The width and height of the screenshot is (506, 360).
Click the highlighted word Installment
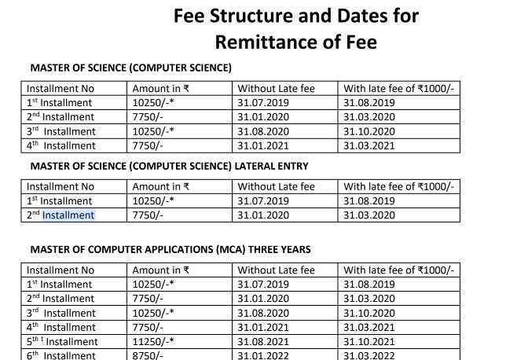coord(68,215)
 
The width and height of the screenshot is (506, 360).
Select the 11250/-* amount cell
coord(154,341)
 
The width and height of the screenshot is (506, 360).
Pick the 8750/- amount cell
coord(149,355)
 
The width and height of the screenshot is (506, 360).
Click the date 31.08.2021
coord(264,341)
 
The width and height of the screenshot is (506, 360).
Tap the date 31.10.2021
coord(370,341)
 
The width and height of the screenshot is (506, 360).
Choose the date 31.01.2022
coord(264,355)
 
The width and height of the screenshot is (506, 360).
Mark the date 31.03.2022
coord(370,355)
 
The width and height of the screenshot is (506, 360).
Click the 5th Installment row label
coord(63,341)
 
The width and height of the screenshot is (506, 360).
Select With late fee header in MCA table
coord(399,270)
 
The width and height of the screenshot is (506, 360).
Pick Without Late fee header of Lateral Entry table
coord(276,186)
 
